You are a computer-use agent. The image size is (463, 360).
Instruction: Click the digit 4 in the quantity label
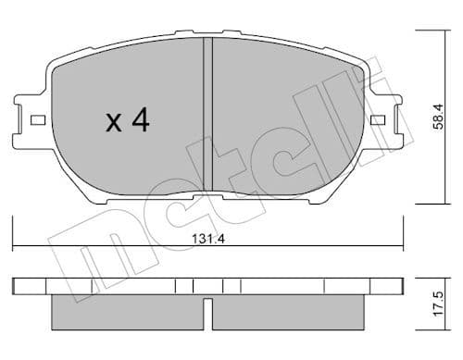click(x=140, y=121)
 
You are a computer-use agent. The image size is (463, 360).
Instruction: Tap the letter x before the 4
click(x=112, y=123)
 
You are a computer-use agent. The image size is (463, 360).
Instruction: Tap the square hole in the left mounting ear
click(x=37, y=120)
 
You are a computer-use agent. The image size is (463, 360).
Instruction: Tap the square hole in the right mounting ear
click(x=377, y=120)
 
